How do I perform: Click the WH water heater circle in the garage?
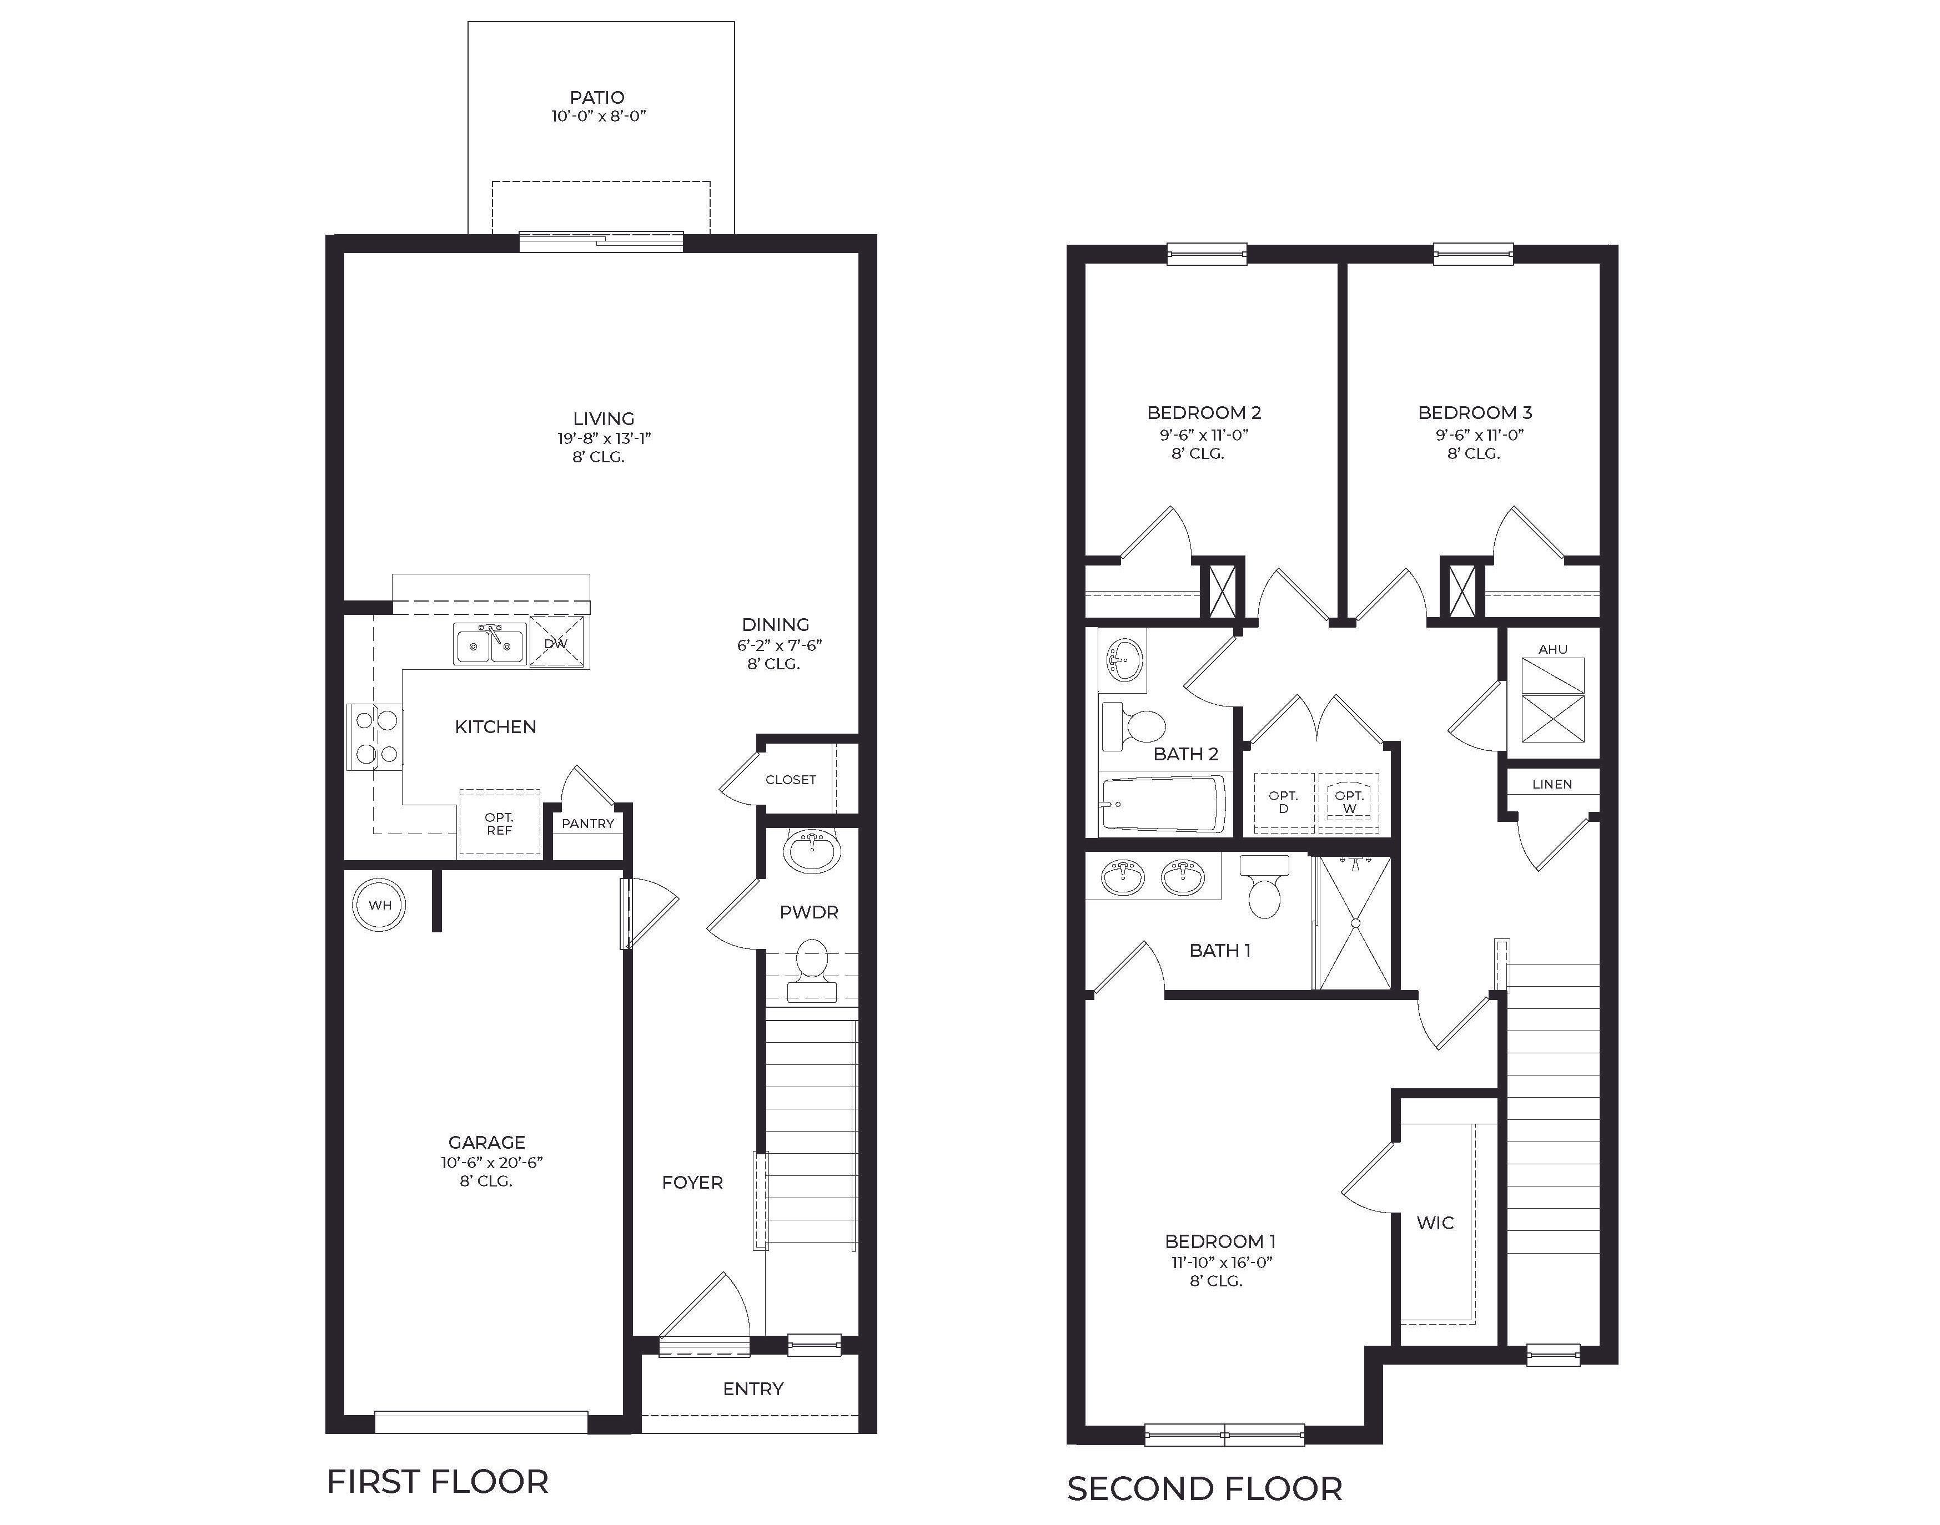click(380, 905)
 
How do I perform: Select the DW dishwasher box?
click(557, 643)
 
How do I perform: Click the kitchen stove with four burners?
click(375, 738)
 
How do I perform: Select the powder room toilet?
click(811, 969)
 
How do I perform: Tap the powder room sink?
click(812, 851)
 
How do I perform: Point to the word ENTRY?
click(753, 1389)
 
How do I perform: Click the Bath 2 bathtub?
click(1163, 804)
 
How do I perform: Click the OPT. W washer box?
click(1349, 802)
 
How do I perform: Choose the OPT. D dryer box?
click(1284, 802)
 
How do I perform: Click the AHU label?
click(1552, 650)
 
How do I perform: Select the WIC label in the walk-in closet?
click(1435, 1223)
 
